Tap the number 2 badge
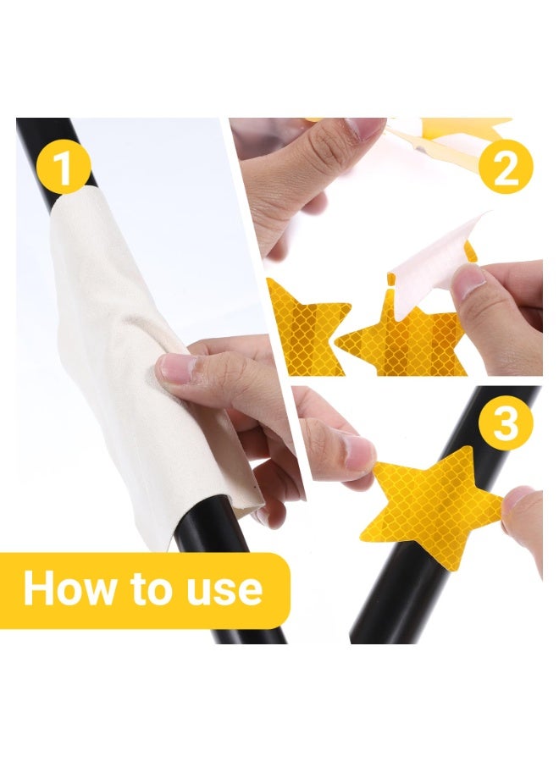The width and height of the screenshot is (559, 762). point(506,166)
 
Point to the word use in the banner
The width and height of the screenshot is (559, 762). point(224,591)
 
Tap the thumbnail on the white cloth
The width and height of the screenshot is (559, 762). point(174,368)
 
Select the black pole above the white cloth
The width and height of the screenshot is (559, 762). point(56,160)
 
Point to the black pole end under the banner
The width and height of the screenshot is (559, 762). point(251,636)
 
